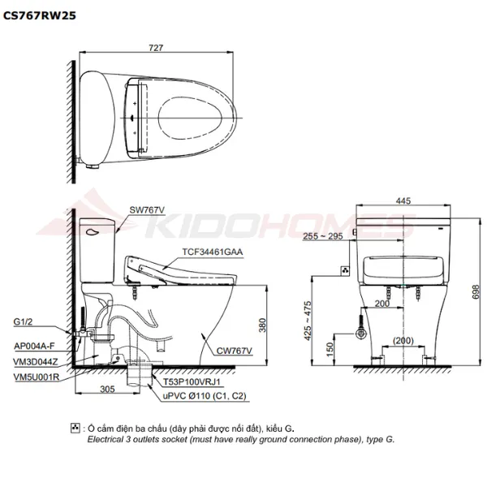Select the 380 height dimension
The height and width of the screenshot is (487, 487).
tap(262, 325)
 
